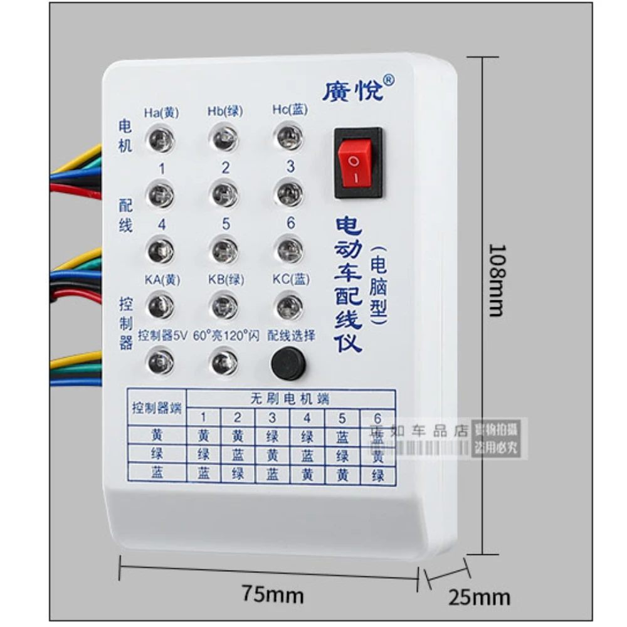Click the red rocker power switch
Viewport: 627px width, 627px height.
tap(358, 163)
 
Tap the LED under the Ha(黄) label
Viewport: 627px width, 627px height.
tap(161, 138)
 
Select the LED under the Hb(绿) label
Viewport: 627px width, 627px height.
tap(224, 138)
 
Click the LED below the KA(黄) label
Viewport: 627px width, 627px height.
tap(161, 306)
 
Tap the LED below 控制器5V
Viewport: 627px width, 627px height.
tap(161, 362)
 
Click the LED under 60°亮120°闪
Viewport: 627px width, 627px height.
tap(223, 362)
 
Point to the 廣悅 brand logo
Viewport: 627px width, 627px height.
tap(358, 89)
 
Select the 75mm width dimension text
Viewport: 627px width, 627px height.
tap(272, 593)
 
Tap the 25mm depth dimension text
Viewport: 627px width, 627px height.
tap(479, 596)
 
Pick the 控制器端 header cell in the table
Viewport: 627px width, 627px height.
tap(156, 408)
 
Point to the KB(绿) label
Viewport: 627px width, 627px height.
tap(225, 280)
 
